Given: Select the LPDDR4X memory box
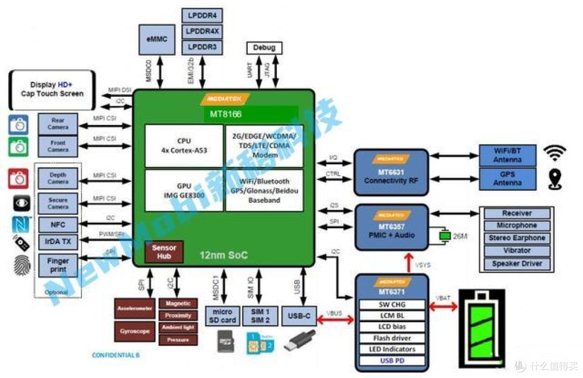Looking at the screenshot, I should (x=202, y=31).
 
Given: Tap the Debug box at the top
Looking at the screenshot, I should (x=264, y=48).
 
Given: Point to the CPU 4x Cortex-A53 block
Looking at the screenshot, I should (x=184, y=145).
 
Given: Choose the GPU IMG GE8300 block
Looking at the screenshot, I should (x=184, y=190).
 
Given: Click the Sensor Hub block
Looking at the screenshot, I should (x=164, y=251).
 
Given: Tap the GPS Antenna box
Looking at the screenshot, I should (x=507, y=178).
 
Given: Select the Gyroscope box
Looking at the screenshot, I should (x=134, y=331).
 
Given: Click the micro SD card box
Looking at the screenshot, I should (x=222, y=316).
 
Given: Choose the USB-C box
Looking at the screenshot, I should (x=299, y=316).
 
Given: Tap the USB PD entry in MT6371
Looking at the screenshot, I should (x=394, y=361).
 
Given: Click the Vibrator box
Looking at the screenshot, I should (x=517, y=251).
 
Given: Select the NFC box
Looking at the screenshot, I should (x=58, y=224).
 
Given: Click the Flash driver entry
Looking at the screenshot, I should (x=394, y=338).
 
